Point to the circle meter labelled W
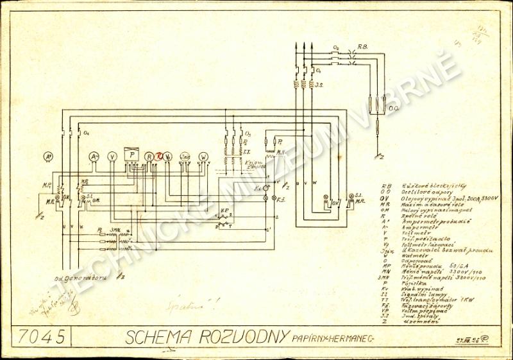[204, 156]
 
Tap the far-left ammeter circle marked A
[47, 156]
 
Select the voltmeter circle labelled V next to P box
[112, 156]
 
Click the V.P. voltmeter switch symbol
[224, 218]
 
